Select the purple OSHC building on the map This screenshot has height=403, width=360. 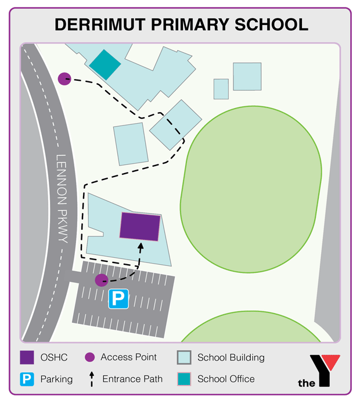[139, 226]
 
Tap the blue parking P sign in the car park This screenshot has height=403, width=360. [118, 300]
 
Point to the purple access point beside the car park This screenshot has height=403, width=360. [101, 281]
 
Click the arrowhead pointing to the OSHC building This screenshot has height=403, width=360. [140, 246]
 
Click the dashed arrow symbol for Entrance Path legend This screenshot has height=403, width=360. [91, 379]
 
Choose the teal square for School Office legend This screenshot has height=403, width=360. [183, 379]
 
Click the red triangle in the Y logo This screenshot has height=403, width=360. [332, 362]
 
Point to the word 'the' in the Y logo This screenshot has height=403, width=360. [307, 383]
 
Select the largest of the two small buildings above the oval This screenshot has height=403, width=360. [248, 76]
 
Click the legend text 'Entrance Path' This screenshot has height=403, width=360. [132, 379]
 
